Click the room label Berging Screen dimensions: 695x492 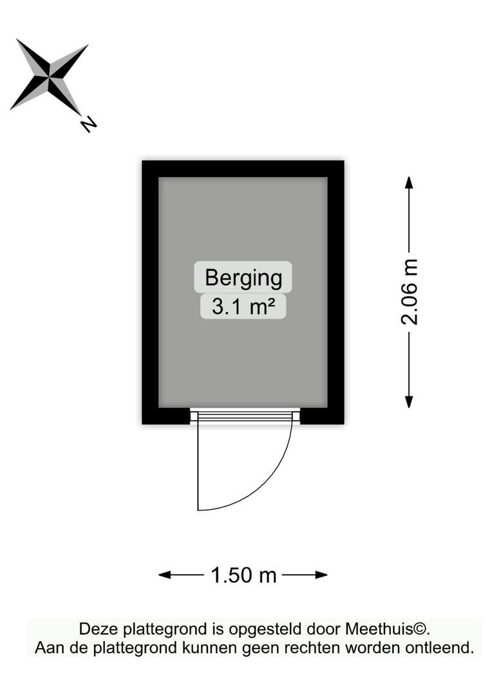tap(243, 278)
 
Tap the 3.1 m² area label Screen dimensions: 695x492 tap(243, 307)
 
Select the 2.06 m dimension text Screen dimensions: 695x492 tap(410, 292)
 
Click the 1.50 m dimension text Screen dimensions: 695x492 tap(243, 575)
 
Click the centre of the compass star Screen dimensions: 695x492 tap(49, 77)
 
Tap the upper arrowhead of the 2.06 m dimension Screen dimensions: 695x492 tap(409, 182)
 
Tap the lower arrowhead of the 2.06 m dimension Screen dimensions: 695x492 tap(409, 402)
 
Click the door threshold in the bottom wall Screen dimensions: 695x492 tap(245, 416)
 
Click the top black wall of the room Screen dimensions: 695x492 tap(243, 169)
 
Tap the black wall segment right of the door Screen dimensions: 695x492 tap(322, 416)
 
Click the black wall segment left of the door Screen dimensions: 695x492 tap(166, 416)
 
